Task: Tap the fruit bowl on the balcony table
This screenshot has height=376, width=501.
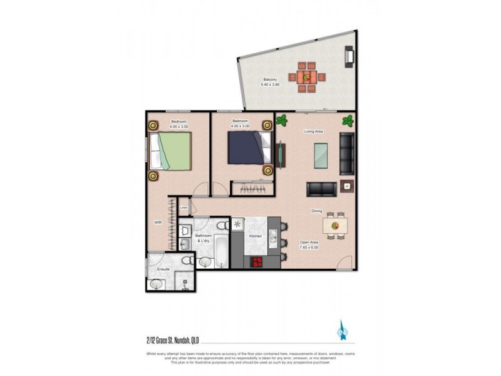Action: [x=306, y=77]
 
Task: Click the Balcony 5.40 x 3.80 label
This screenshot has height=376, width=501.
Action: [x=271, y=83]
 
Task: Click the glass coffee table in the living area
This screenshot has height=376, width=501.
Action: [x=320, y=155]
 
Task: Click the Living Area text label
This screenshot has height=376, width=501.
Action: [x=312, y=132]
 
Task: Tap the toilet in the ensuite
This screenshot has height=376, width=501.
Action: [x=185, y=261]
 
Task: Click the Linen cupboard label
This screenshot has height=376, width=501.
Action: [x=184, y=208]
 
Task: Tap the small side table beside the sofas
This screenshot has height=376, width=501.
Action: [x=347, y=186]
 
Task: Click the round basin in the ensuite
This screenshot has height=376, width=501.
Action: [x=157, y=284]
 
